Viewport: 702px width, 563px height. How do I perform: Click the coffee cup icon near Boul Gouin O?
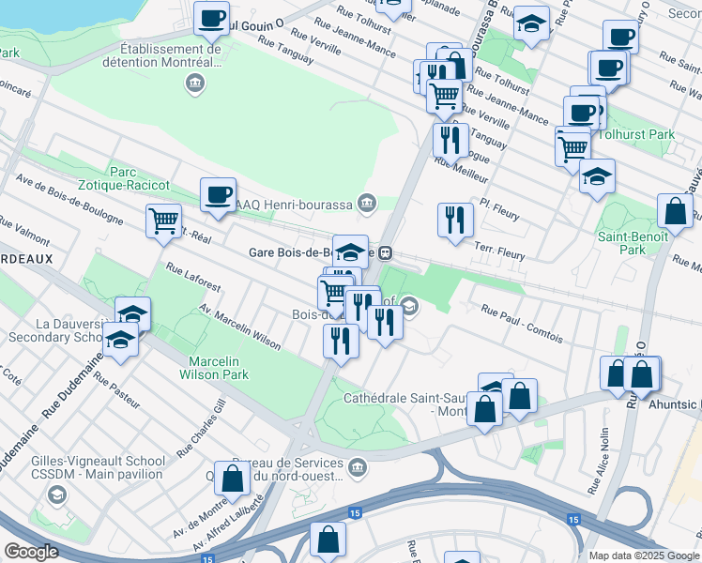click(212, 17)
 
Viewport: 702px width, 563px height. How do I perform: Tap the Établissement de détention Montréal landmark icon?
click(194, 84)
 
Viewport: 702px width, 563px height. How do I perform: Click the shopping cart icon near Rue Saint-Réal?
click(163, 221)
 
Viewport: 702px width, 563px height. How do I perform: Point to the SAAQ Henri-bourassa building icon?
click(366, 203)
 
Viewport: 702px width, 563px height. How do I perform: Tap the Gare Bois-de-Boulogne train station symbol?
click(385, 252)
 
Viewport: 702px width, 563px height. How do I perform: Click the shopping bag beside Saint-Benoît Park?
click(675, 211)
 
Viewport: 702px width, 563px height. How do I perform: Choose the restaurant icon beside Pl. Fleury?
click(455, 221)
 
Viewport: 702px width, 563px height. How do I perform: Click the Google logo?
click(31, 552)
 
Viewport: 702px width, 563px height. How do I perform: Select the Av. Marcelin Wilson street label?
click(239, 327)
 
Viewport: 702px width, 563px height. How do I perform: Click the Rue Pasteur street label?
click(117, 392)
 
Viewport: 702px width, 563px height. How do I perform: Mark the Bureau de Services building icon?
click(357, 466)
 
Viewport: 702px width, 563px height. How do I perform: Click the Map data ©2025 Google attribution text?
click(644, 555)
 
